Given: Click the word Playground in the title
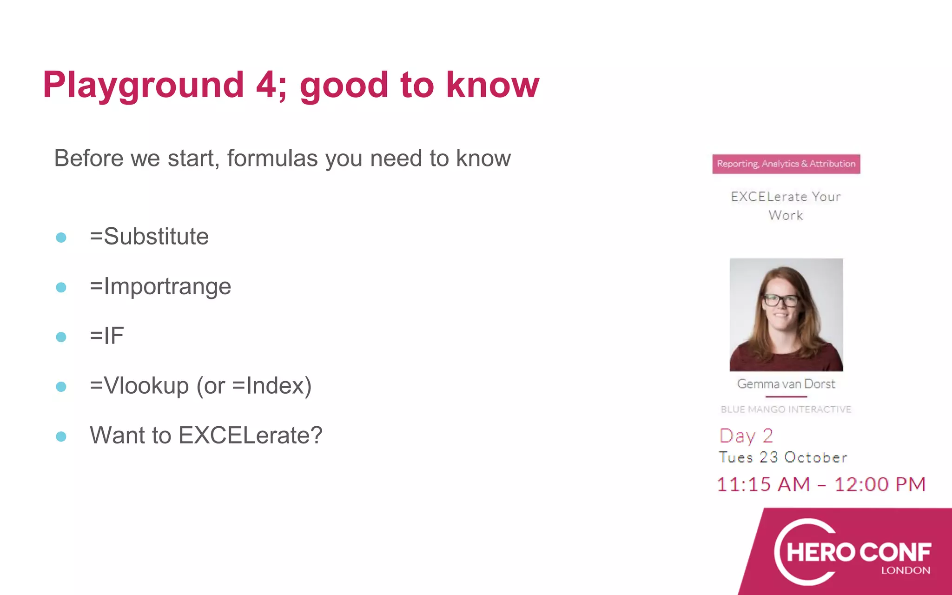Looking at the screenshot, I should click(143, 86).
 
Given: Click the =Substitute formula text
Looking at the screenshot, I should click(149, 237).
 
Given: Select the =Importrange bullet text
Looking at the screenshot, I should click(160, 286).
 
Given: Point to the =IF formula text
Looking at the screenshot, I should click(107, 336).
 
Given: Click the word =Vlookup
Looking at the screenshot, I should click(139, 386).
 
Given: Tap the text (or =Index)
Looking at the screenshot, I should click(254, 386).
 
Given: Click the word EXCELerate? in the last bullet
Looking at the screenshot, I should click(250, 436).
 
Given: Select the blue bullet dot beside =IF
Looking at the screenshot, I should click(61, 337).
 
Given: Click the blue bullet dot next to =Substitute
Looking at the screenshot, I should click(61, 238).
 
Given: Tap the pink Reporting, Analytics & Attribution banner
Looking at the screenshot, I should click(786, 164).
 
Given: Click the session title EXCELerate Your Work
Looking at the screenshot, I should click(786, 205).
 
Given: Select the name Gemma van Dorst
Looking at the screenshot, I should click(786, 384).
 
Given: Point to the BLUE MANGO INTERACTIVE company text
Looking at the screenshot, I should click(786, 410).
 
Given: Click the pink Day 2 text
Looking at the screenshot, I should click(746, 436).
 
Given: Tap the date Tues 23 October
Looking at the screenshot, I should click(783, 457).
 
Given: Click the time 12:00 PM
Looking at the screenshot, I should click(879, 485).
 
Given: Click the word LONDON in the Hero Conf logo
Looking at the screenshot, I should click(906, 570).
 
